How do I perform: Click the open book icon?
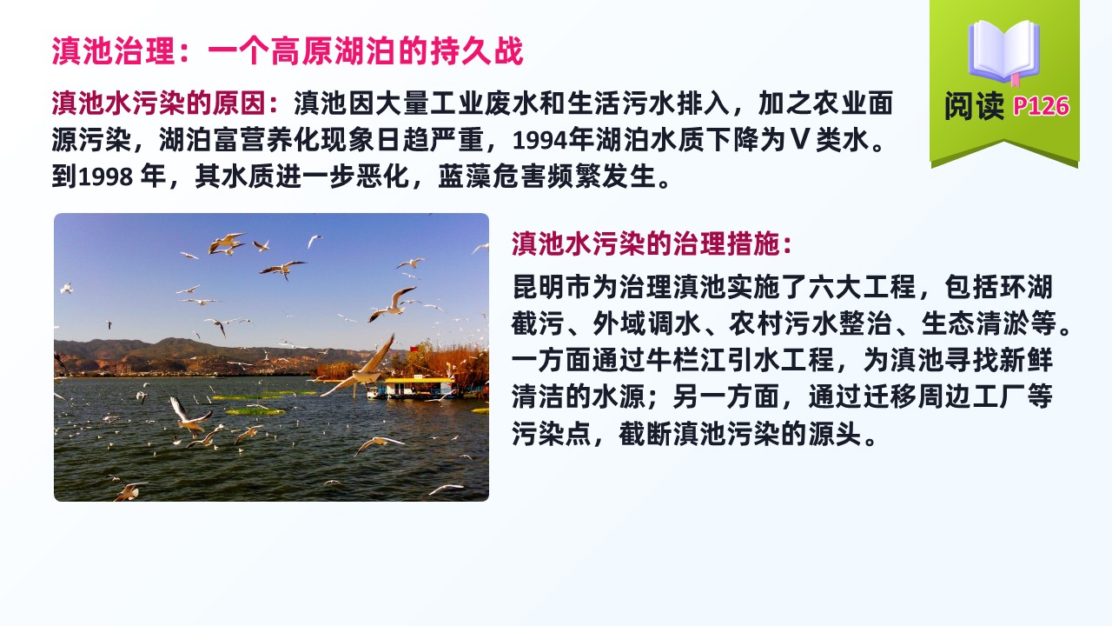[1003, 52]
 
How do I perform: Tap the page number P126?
[1041, 106]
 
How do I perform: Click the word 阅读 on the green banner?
[974, 106]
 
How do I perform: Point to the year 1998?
[105, 176]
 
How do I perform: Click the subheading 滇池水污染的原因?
[159, 103]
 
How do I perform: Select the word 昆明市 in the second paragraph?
[552, 287]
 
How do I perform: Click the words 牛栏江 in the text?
[685, 360]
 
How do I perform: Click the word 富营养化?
[267, 140]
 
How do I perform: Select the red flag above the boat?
[414, 349]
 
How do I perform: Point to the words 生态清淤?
[975, 323]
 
